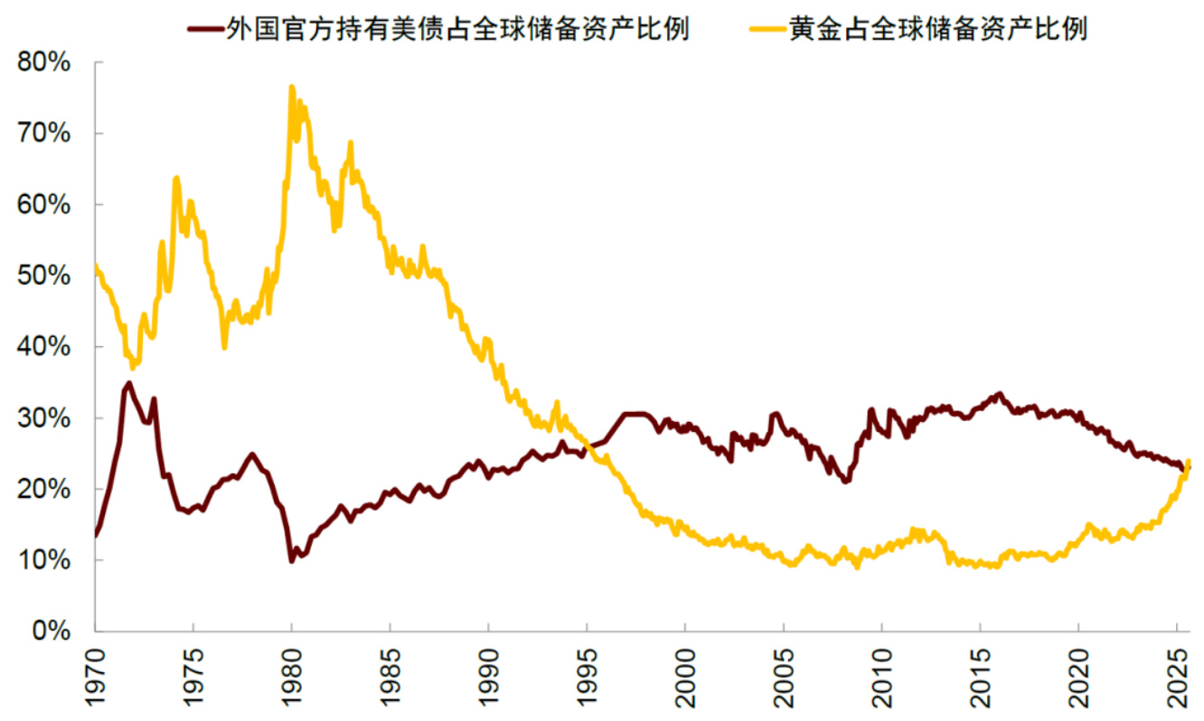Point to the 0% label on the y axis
click(x=52, y=632)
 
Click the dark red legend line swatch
click(x=203, y=29)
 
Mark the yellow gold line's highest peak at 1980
click(x=291, y=88)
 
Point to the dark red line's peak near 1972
click(x=128, y=383)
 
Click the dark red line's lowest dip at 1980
click(x=291, y=561)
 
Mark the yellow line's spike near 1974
click(x=175, y=178)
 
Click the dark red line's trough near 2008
click(x=846, y=481)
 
